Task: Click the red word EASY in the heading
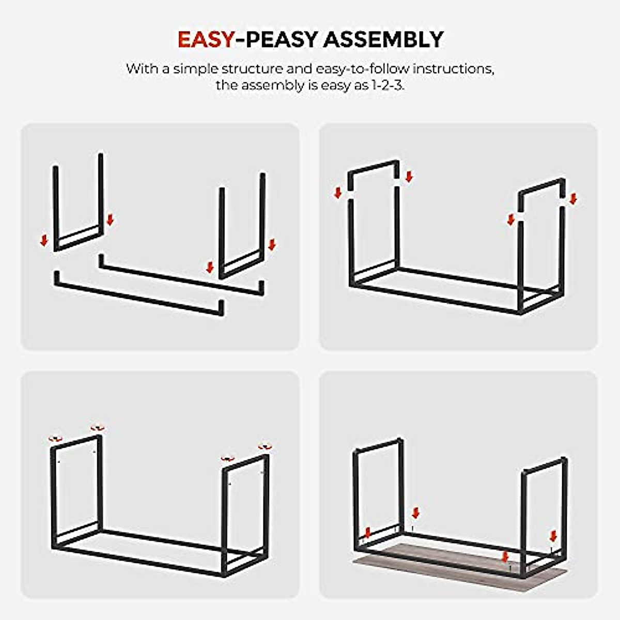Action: pos(206,40)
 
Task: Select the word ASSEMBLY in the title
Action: pos(383,40)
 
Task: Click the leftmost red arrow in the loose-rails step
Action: pos(44,240)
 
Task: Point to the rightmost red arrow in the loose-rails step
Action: pos(272,244)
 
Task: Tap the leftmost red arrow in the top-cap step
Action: pos(338,193)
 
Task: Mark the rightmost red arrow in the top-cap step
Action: pos(572,199)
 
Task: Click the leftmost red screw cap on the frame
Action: pos(54,439)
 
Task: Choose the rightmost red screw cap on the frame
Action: pos(265,446)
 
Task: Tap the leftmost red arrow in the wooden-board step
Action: pos(368,533)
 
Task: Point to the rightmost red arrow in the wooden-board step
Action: pos(554,535)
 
